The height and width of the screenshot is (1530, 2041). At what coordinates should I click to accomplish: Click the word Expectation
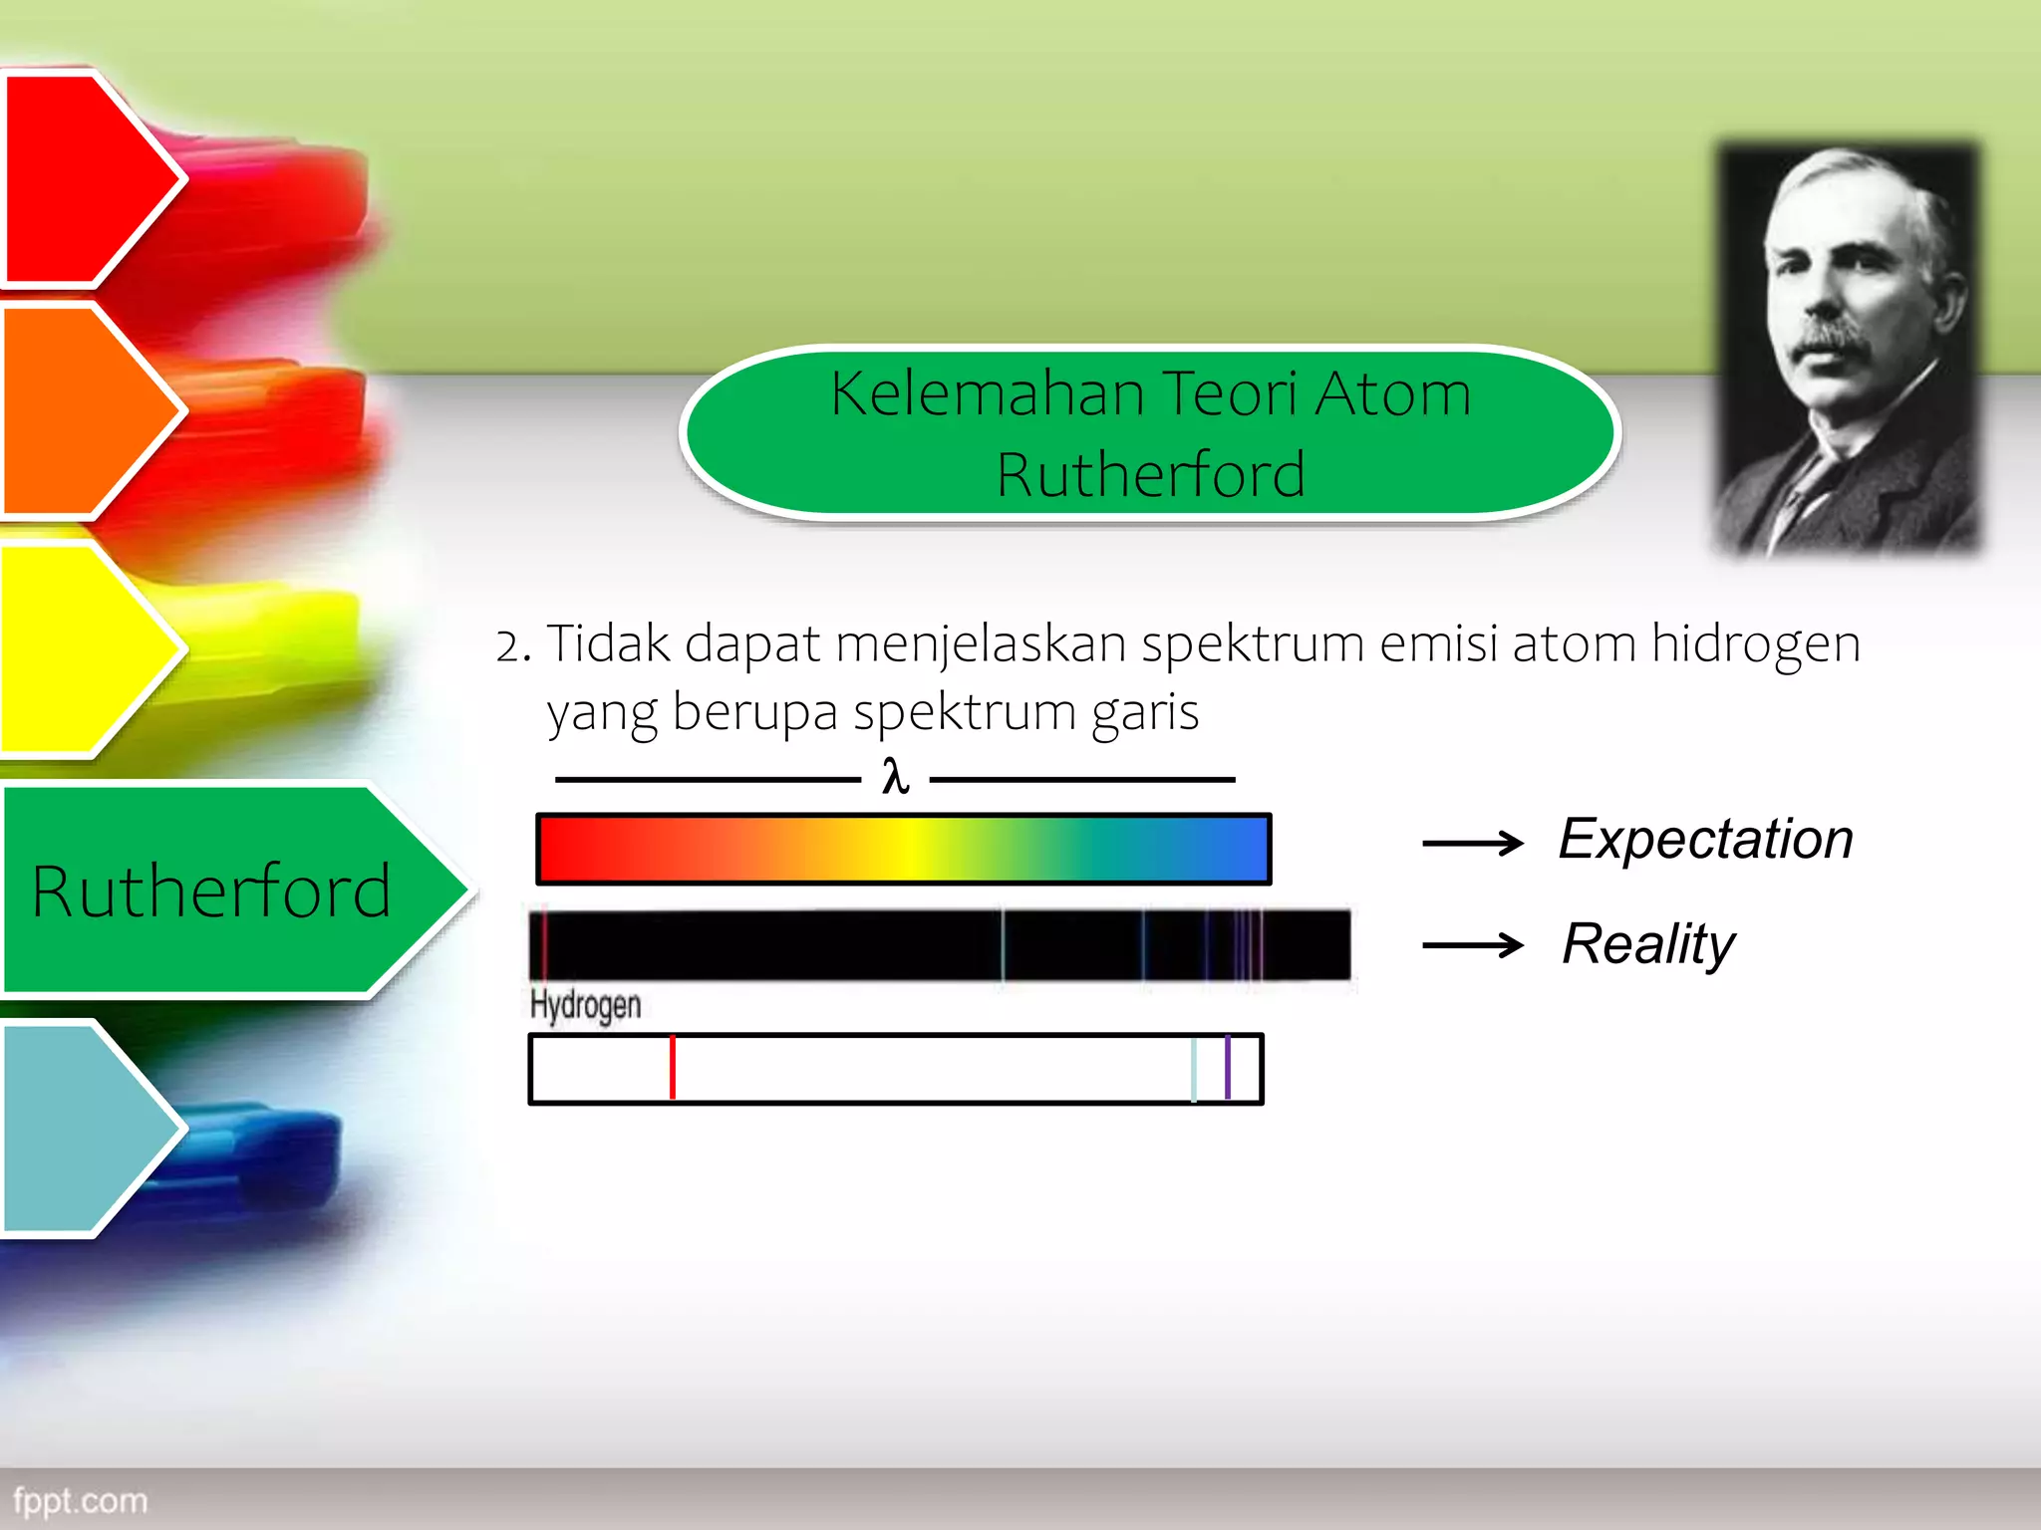coord(1705,839)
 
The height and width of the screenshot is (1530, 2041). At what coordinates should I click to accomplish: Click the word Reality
coord(1648,943)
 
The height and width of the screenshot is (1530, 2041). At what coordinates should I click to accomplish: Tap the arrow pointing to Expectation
coord(1472,844)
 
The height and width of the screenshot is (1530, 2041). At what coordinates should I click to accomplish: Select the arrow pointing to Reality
coord(1472,944)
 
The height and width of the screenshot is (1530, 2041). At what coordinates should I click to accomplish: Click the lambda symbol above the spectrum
coord(895,777)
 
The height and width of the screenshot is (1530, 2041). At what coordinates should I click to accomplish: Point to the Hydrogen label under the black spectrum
coord(585,1004)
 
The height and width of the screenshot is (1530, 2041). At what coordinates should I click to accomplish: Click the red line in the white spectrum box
coord(673,1068)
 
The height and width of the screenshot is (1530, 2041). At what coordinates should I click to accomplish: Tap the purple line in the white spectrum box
coord(1228,1068)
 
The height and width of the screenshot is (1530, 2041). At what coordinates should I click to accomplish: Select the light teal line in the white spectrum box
coord(1194,1068)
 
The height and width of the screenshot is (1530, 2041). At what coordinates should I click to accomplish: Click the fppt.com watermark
coord(80,1500)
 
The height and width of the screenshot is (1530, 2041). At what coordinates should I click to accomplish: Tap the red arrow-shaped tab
coord(85,179)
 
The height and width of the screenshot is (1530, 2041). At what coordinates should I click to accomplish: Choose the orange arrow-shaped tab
coord(85,410)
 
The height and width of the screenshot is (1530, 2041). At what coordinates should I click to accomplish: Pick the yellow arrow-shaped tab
coord(85,647)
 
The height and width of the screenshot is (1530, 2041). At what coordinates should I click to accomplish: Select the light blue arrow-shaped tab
coord(85,1129)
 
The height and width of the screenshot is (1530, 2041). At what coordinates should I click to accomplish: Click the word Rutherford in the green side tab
coord(211,891)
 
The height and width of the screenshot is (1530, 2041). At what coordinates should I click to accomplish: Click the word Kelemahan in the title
coord(987,393)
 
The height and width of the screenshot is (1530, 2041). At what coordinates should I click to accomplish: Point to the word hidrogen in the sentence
coord(1756,643)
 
